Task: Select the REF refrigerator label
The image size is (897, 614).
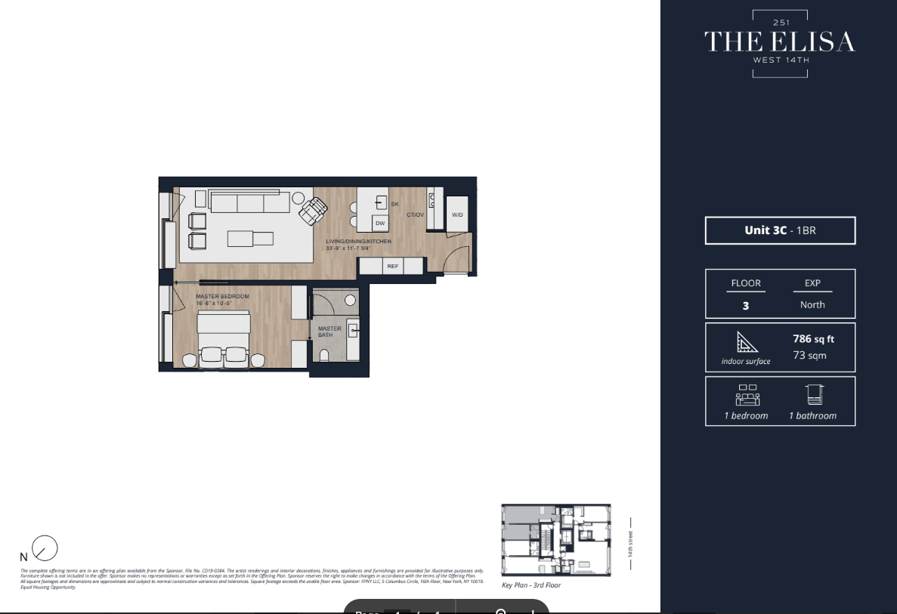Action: click(x=392, y=266)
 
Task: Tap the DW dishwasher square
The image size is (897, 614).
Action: click(x=380, y=223)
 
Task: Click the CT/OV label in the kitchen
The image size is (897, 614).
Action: click(x=416, y=215)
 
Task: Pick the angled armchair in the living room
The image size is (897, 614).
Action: click(x=313, y=210)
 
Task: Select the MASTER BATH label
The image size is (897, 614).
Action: click(x=329, y=332)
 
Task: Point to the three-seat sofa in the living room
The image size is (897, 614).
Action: click(x=250, y=202)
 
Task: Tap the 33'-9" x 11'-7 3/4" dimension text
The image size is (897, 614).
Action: click(x=358, y=248)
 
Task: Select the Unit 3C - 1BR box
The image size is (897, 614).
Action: click(x=780, y=230)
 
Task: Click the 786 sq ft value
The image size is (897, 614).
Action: click(x=813, y=339)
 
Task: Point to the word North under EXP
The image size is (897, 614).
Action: click(x=812, y=304)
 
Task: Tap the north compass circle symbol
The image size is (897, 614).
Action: click(x=45, y=548)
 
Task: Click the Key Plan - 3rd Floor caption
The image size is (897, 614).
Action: click(x=531, y=585)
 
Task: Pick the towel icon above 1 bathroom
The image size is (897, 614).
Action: click(x=813, y=395)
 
